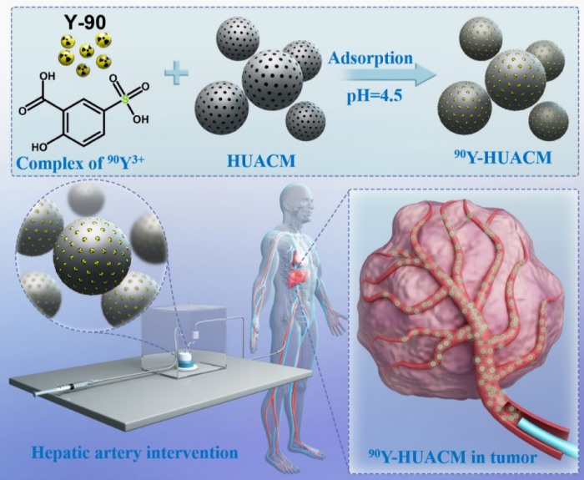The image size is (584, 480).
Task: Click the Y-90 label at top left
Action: (85, 23)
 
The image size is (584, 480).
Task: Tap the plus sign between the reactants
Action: (177, 73)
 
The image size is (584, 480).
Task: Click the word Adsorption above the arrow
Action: (370, 58)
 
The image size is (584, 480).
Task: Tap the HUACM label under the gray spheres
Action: (261, 161)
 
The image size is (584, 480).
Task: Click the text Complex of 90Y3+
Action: (79, 163)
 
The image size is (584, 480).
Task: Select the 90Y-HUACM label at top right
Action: (503, 158)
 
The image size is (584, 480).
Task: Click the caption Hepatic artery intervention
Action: (135, 452)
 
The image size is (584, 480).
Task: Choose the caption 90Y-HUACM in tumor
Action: (452, 457)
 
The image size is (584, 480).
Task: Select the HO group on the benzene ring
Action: (39, 147)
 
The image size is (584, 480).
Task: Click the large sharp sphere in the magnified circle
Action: (92, 256)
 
